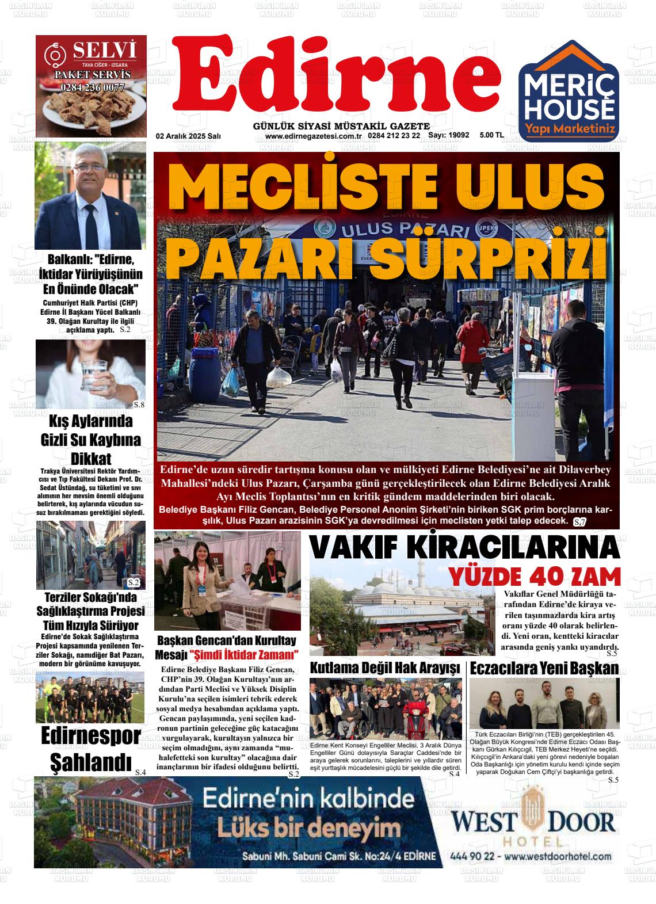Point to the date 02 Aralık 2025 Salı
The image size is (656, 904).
pos(188,136)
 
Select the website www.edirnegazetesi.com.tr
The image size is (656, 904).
pos(312,136)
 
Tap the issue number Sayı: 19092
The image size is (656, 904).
pos(448,136)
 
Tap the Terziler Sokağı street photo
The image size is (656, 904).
pos(90,555)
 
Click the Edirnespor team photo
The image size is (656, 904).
pos(90,697)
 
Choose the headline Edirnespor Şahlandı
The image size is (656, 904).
pos(90,749)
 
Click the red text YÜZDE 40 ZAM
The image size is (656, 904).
pos(535,577)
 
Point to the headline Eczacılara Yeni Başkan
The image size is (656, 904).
pos(544,669)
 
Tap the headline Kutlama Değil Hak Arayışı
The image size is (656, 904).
pos(385,669)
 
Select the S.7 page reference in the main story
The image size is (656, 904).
pos(579,522)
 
